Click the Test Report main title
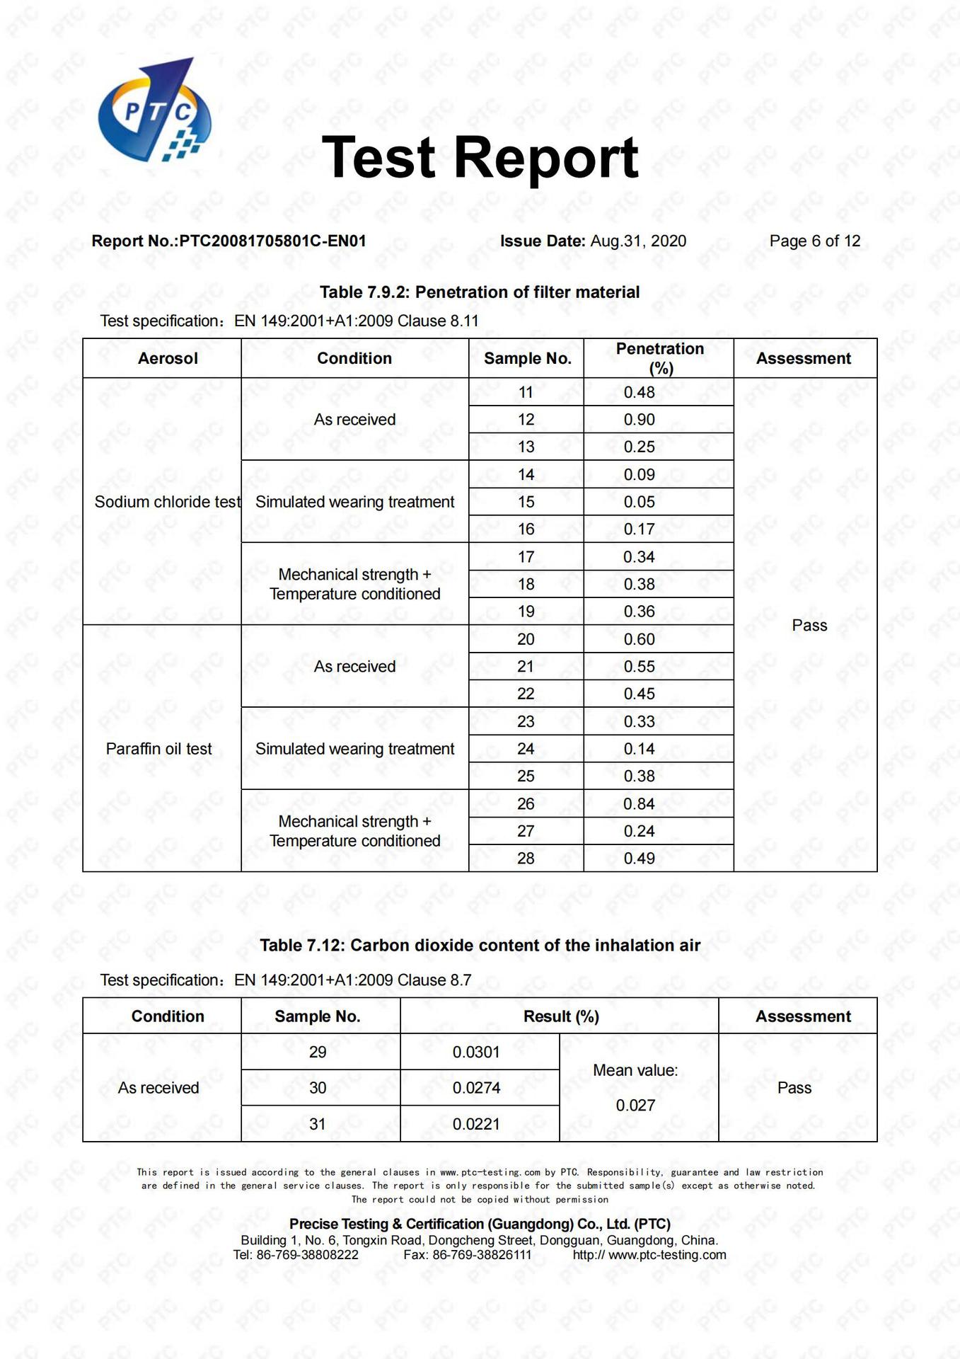coord(480,157)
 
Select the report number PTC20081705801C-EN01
coord(272,241)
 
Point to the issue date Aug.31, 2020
coord(638,241)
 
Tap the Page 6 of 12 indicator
coord(814,241)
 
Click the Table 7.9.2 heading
coord(480,292)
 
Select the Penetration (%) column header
coord(659,358)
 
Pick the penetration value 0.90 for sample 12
coord(639,420)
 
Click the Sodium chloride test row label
coord(168,502)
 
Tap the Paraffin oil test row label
coord(159,749)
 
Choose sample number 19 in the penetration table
coord(526,612)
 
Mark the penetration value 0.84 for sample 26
coord(639,804)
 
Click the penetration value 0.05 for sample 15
coord(639,502)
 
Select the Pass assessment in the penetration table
coord(809,626)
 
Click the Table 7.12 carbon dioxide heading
coord(480,946)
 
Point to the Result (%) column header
coord(561,1016)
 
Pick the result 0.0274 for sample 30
coord(476,1088)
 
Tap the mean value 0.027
coord(635,1106)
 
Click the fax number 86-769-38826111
coord(481,1255)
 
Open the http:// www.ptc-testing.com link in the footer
coord(649,1255)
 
